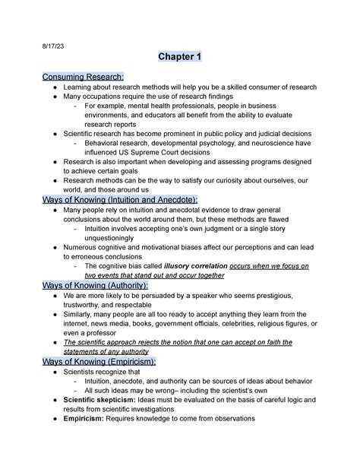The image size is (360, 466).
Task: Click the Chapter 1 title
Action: click(180, 58)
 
